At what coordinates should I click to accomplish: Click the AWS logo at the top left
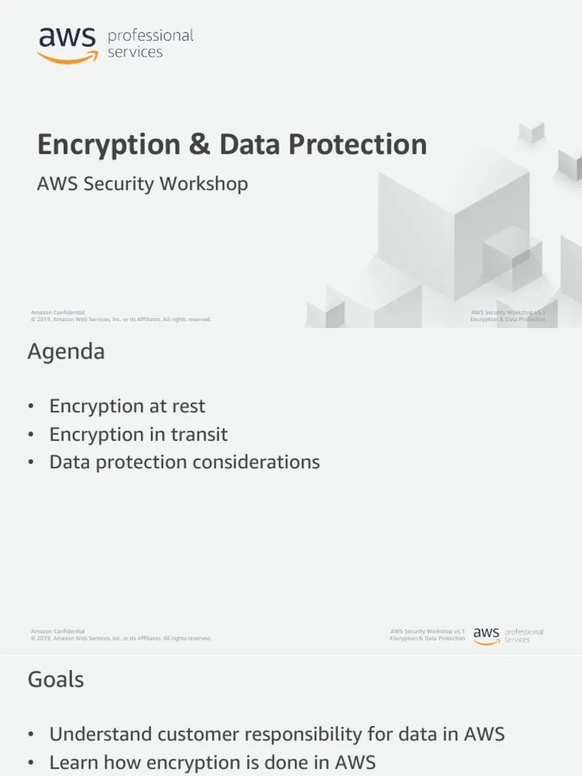tap(67, 44)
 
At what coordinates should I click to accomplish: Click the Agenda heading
tap(67, 352)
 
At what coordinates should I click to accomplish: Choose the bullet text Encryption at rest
tap(127, 406)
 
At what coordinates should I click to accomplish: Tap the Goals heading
tap(56, 680)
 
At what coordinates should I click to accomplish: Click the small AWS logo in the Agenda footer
tap(487, 635)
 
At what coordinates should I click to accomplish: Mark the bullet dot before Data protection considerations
tap(31, 462)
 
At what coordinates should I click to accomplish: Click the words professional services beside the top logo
tap(151, 44)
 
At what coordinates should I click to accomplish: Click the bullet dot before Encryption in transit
tap(31, 435)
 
